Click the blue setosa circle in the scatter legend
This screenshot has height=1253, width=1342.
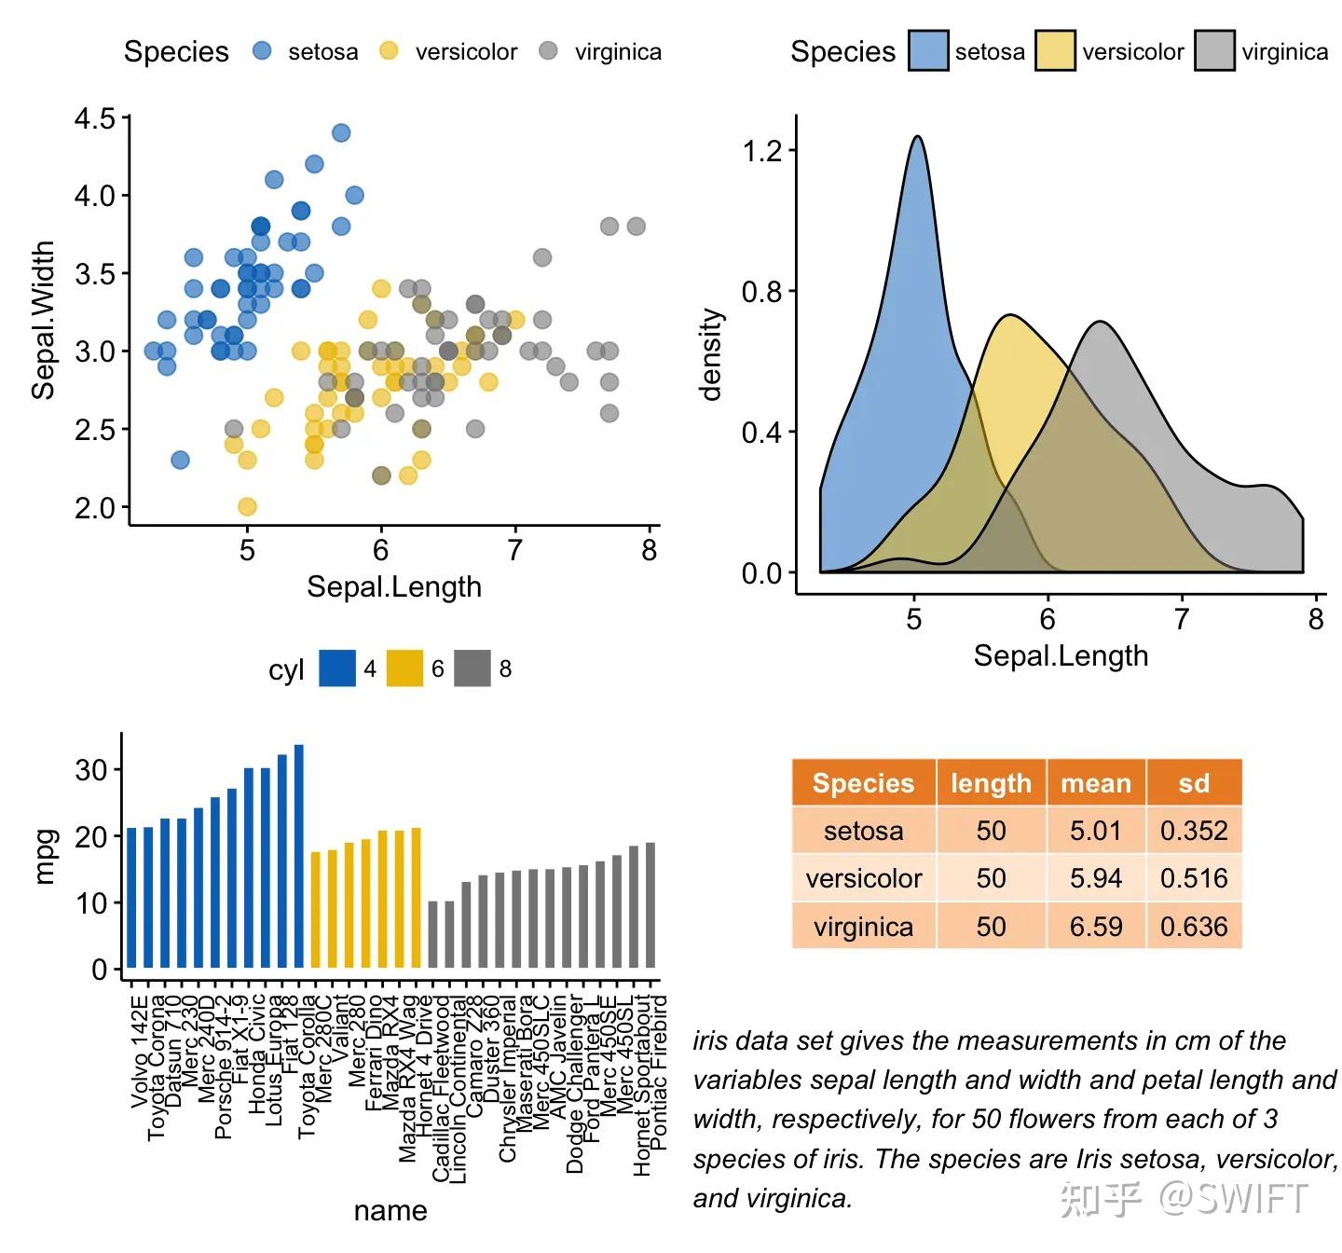click(262, 51)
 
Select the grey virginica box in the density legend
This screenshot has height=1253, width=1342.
click(1214, 51)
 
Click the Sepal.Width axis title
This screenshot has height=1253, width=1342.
click(44, 321)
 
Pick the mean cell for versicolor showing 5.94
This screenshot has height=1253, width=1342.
click(1095, 878)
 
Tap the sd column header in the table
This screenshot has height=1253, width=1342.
click(1193, 783)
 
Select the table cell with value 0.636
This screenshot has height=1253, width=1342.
click(1193, 927)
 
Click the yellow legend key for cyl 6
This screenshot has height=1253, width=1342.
click(404, 668)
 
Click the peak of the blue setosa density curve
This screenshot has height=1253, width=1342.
click(918, 137)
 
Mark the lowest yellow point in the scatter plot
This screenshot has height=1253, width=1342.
click(247, 506)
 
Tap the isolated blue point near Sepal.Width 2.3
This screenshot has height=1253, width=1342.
click(180, 460)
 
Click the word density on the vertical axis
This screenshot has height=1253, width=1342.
click(712, 354)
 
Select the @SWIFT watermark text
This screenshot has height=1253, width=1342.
click(1233, 1198)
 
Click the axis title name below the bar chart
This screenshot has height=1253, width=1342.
click(390, 1211)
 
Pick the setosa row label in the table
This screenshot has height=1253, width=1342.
click(863, 831)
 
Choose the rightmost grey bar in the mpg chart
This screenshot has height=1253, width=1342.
click(650, 905)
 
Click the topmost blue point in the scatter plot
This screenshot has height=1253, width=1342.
click(341, 132)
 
